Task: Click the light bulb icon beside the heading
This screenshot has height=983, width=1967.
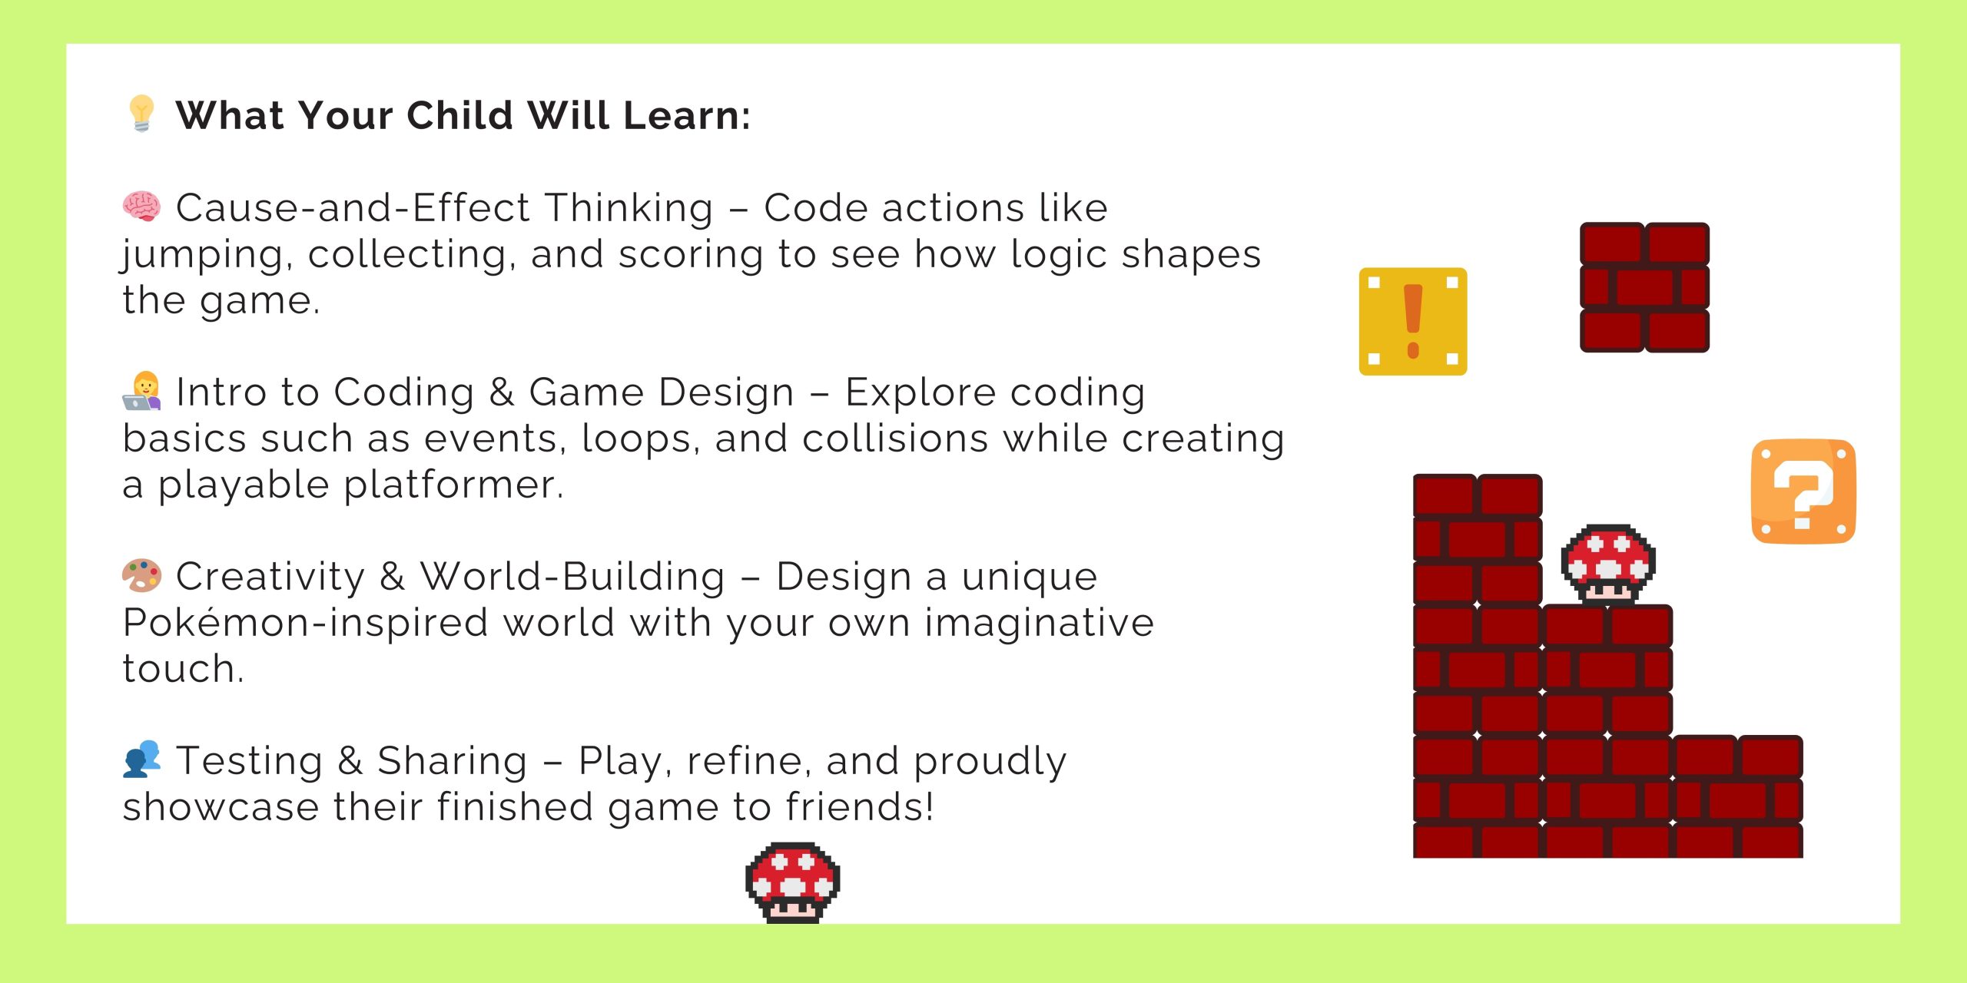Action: click(141, 114)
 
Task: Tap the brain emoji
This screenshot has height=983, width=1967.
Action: click(141, 207)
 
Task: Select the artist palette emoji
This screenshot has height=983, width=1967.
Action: click(141, 575)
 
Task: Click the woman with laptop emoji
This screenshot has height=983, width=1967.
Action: click(141, 391)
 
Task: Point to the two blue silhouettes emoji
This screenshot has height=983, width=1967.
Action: click(141, 760)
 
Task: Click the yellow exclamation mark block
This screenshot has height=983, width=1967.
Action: click(1413, 321)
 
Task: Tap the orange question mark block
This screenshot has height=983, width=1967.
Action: click(1803, 491)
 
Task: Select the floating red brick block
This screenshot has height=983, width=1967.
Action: click(1644, 287)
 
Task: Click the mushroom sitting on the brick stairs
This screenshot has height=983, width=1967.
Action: click(1608, 565)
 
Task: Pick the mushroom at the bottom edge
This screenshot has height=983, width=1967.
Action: click(792, 882)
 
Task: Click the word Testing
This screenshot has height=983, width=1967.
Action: click(250, 761)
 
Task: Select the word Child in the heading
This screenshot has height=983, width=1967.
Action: click(459, 116)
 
